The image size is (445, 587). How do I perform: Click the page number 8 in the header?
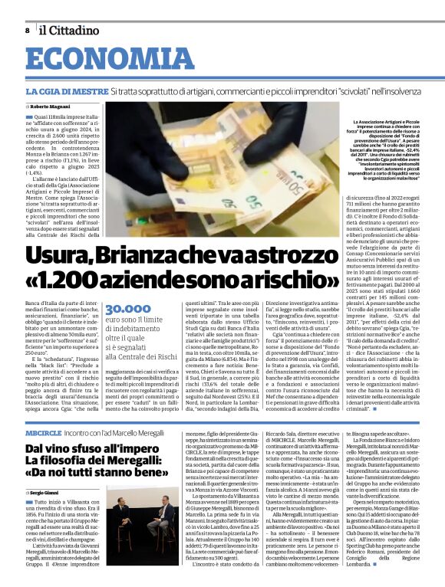tap(28, 30)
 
